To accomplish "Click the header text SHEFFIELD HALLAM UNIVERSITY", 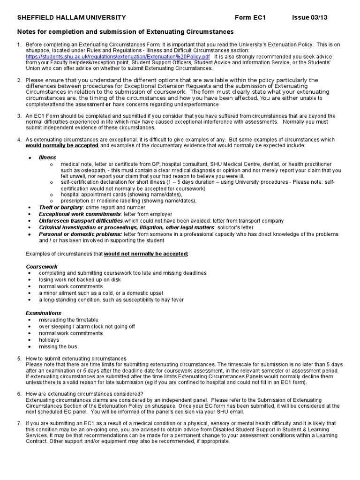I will [x=71, y=18].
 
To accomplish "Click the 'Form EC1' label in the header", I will [x=250, y=18].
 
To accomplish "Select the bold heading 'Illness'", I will [x=47, y=157].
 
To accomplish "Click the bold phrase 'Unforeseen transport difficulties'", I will [x=81, y=221].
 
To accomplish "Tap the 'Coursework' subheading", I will [x=42, y=266].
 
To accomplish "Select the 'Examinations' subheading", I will [x=44, y=313].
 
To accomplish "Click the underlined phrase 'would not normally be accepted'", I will [x=146, y=254].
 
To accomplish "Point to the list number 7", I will [x=19, y=423].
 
